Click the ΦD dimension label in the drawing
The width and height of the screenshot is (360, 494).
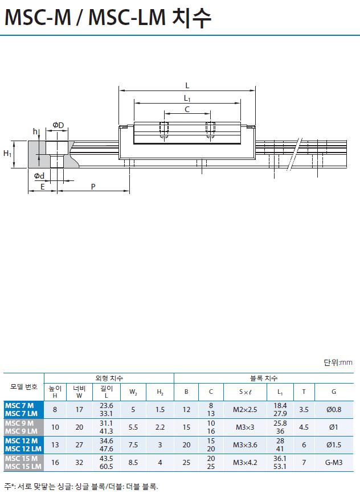coord(58,125)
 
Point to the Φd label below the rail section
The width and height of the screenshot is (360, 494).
coord(39,176)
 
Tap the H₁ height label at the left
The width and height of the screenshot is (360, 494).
coord(7,154)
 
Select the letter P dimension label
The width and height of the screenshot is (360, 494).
coord(93,187)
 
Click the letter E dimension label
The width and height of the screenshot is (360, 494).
coord(43,187)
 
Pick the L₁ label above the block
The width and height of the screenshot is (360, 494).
coord(187,98)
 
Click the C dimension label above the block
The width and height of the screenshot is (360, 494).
coord(187,109)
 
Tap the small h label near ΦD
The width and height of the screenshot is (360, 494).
coord(35,131)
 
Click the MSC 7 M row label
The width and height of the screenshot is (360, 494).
coord(19,405)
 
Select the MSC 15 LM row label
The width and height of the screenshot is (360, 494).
coord(23,466)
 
